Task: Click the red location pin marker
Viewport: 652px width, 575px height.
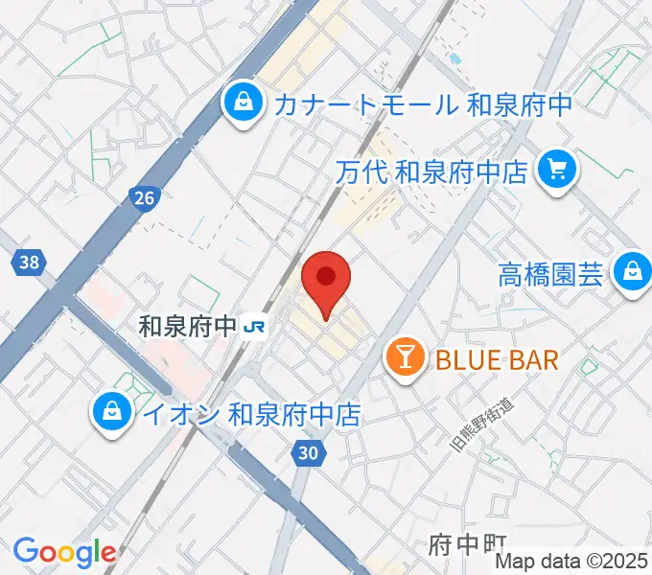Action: tap(326, 281)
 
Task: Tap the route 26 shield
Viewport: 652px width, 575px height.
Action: tap(143, 198)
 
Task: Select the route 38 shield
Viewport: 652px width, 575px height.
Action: tap(29, 261)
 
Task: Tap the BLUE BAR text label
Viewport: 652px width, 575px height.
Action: tap(496, 360)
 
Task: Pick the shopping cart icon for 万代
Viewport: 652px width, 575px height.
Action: tap(555, 171)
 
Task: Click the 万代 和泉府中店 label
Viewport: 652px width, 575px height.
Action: tap(432, 172)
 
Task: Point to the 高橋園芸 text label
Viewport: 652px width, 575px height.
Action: tap(550, 274)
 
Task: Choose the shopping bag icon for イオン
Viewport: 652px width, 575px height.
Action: tap(114, 413)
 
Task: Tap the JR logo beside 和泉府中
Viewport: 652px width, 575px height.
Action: tap(255, 327)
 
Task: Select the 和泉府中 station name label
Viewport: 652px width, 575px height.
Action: tap(187, 327)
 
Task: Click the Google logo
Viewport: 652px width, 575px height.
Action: tap(64, 553)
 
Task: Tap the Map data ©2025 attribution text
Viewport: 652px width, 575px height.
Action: tap(571, 562)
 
